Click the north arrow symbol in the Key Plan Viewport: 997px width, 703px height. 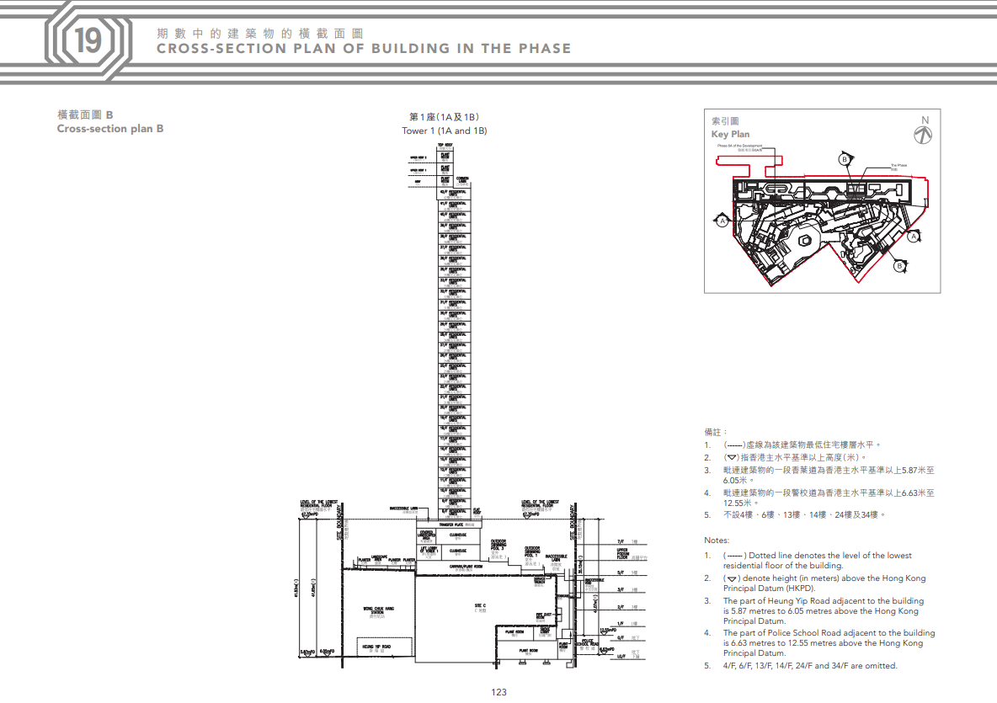tap(923, 132)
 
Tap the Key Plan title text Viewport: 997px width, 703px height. tap(730, 134)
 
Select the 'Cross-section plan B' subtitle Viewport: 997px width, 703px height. tap(110, 129)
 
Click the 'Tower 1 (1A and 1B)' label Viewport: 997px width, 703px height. tap(444, 130)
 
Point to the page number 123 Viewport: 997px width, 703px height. tap(498, 692)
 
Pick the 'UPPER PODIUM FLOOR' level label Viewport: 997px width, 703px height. tap(623, 553)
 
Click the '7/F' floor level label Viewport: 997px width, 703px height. tap(621, 541)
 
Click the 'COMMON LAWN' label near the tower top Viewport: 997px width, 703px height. tap(462, 179)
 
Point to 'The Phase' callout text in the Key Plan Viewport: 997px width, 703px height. tap(898, 166)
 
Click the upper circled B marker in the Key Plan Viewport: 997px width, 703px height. tap(843, 159)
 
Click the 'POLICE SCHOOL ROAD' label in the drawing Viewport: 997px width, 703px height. tap(588, 644)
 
